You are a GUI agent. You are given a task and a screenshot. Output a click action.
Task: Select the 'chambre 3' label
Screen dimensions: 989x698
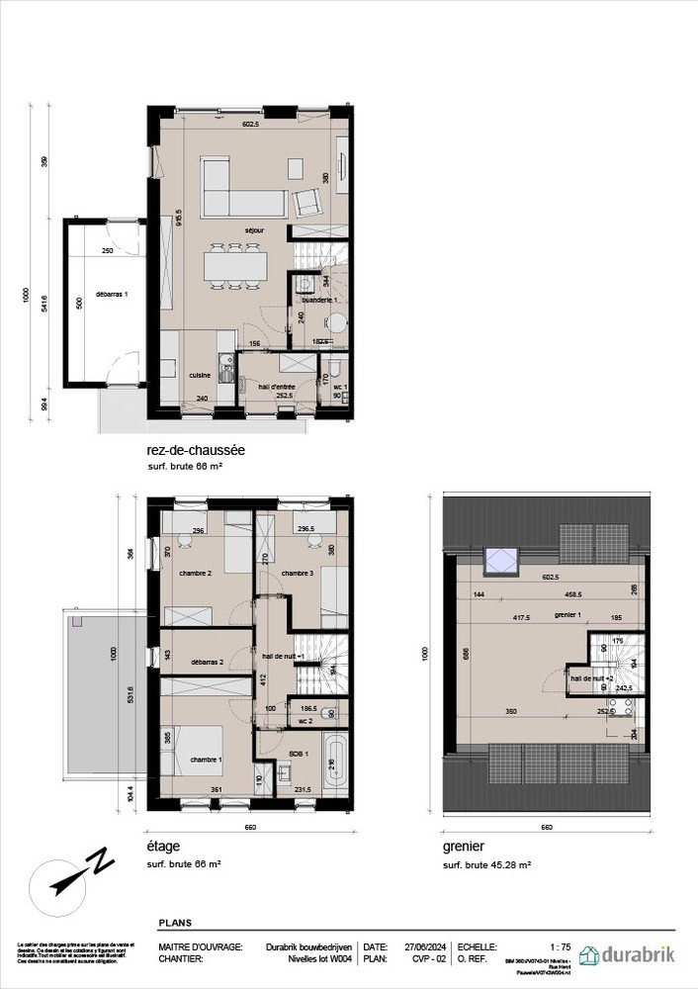pyautogui.click(x=297, y=574)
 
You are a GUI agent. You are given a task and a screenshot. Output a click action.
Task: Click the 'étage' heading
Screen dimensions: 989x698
pyautogui.click(x=162, y=848)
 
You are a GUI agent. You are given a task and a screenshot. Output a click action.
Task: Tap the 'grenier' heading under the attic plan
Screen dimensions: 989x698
pyautogui.click(x=467, y=848)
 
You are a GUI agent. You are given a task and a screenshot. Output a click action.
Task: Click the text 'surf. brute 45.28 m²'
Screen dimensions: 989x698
pyautogui.click(x=487, y=864)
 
